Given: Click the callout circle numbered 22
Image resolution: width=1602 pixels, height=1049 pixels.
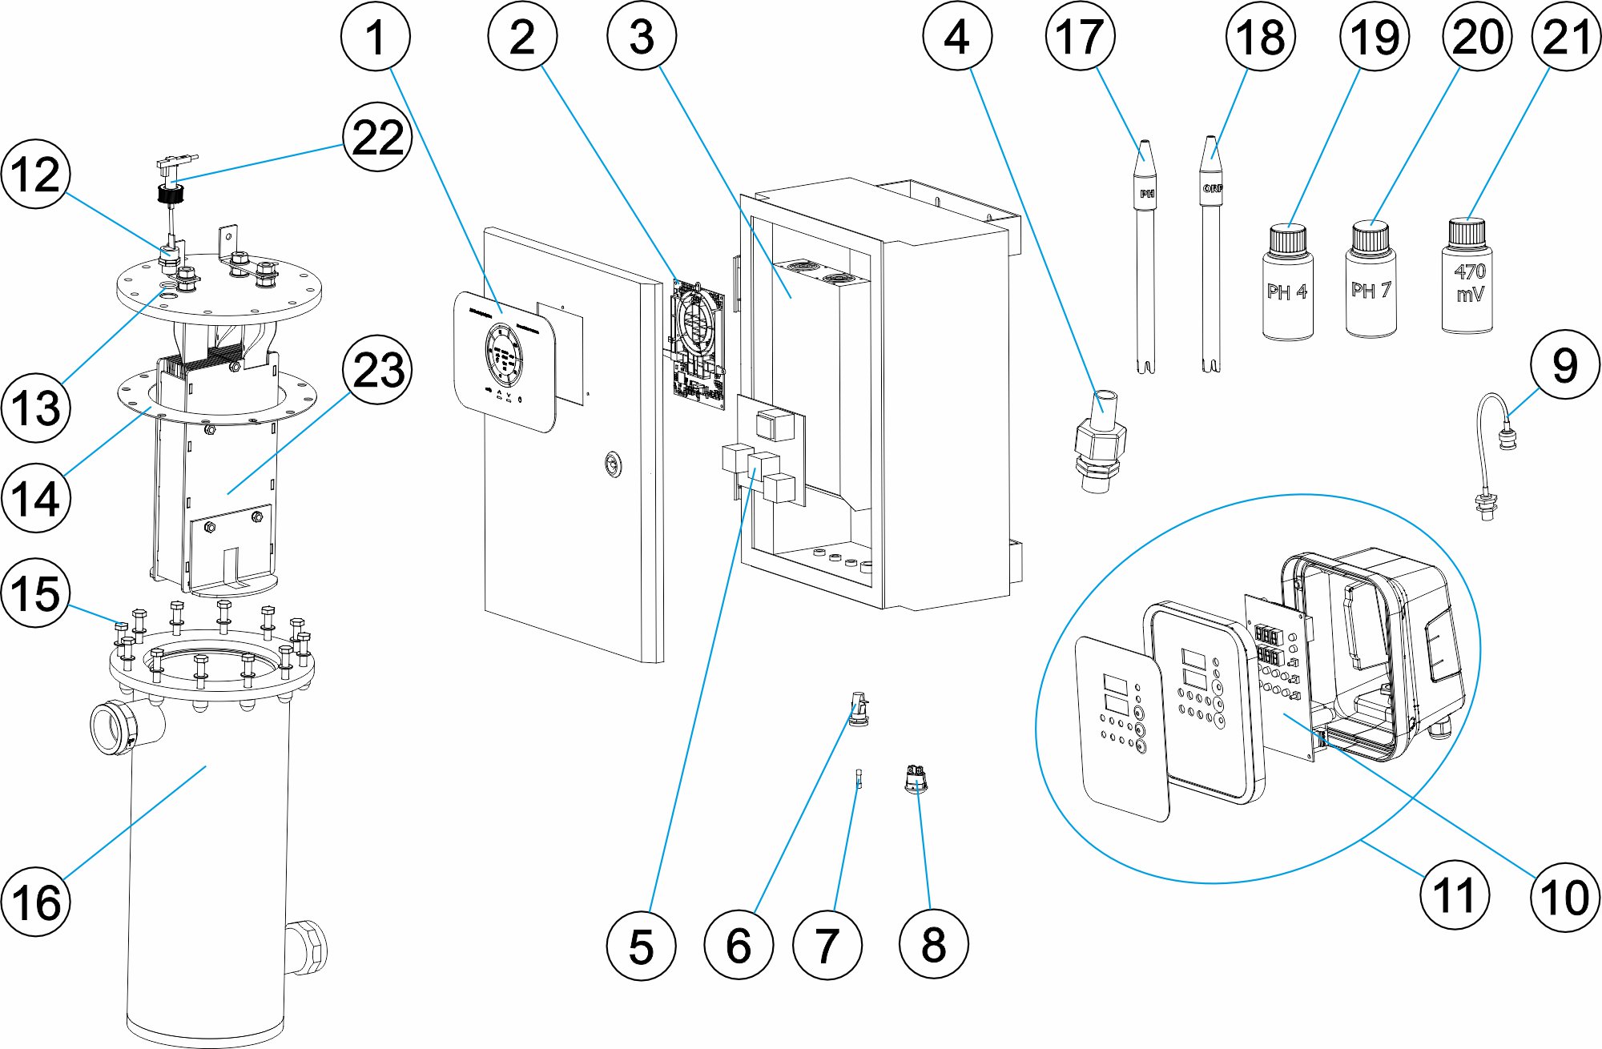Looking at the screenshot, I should coord(377,138).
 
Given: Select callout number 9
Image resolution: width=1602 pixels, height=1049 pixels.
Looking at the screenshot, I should coord(1565,365).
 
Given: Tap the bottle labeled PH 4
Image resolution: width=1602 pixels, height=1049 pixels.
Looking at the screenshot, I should coord(1287,284).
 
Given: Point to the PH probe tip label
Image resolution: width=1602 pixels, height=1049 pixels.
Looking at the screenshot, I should coord(1147,193).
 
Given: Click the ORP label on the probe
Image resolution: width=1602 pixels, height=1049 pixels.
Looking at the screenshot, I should coord(1213,188).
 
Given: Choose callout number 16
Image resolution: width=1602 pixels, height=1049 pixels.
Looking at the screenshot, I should coord(35,902).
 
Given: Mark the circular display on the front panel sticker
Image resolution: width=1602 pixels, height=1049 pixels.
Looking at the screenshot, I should coord(503,357).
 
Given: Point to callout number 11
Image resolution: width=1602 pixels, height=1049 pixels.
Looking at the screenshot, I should coord(1455,894).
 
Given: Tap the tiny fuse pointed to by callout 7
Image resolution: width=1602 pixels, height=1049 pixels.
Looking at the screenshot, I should coord(859,778).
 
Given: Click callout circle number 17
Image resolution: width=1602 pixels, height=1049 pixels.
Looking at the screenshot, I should coord(1080,36).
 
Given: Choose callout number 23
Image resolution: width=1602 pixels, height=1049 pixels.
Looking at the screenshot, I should coord(377,370).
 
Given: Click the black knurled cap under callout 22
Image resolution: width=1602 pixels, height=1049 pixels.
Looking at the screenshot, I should coord(171,193).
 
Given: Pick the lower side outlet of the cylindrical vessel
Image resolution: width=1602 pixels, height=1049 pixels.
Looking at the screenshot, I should coord(308,947).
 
